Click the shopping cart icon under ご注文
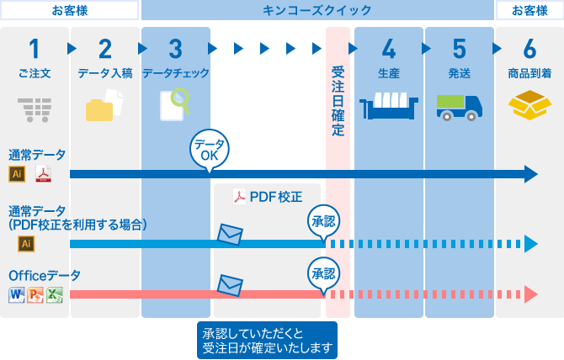(x=35, y=109)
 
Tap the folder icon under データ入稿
(x=105, y=108)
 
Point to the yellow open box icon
(x=529, y=105)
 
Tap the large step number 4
(x=388, y=49)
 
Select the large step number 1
(x=35, y=49)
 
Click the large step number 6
(x=529, y=49)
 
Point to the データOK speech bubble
(x=209, y=149)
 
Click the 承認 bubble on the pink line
(x=324, y=274)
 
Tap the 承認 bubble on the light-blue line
(x=324, y=222)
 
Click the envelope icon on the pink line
(x=230, y=285)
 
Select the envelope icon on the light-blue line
(x=230, y=235)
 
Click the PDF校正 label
(x=268, y=197)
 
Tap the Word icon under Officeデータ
(x=16, y=294)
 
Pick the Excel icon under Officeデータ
(x=55, y=294)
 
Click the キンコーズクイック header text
(x=317, y=10)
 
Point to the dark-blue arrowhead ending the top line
(x=530, y=174)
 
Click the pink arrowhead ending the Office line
(x=530, y=294)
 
